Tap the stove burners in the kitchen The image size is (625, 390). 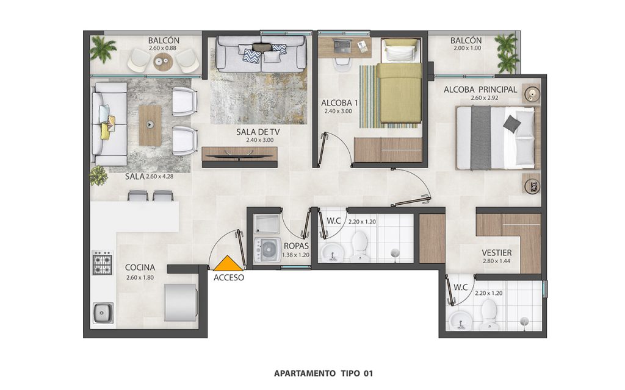(x=103, y=262)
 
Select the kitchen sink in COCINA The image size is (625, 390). (x=103, y=313)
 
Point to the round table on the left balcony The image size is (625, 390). (x=164, y=62)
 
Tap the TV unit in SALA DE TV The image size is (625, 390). (x=239, y=157)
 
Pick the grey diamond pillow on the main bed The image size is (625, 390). (x=512, y=124)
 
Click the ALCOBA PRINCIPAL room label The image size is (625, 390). (x=480, y=90)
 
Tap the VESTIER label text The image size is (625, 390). (x=496, y=253)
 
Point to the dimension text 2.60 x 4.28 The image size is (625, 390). (x=159, y=176)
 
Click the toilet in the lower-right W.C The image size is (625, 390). (x=488, y=314)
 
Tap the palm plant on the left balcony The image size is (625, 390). (x=103, y=49)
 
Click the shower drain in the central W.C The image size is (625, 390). (x=395, y=252)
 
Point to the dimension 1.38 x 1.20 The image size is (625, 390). (x=296, y=255)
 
